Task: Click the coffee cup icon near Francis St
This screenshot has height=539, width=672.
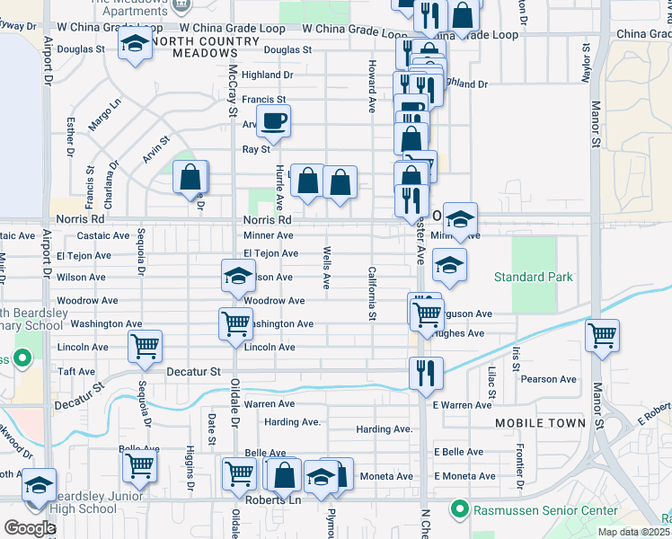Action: (275, 119)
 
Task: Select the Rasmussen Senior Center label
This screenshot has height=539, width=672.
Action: (543, 510)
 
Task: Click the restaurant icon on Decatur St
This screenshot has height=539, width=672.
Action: (426, 370)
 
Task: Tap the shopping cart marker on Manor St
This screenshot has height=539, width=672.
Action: (602, 335)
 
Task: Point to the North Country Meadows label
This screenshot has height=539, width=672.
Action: (193, 47)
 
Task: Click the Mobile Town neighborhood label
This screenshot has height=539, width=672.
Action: (539, 422)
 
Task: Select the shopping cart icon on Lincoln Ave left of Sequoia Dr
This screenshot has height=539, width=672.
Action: (145, 345)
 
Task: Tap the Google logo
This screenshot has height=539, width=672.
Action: (30, 528)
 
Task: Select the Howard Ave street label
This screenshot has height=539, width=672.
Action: (370, 86)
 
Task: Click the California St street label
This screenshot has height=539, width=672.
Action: (370, 293)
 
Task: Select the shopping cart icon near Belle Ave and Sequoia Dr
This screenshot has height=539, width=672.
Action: (139, 464)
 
